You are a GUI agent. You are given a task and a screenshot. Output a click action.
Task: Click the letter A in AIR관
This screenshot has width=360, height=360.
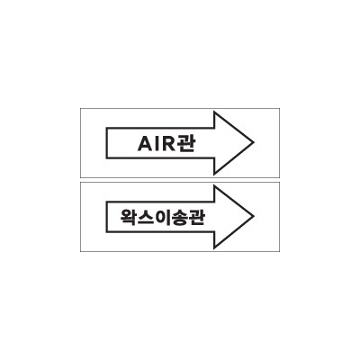click(145, 144)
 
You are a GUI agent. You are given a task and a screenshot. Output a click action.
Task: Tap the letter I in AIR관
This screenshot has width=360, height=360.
click(157, 144)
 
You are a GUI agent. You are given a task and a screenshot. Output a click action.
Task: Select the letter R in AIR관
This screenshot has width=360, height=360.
click(167, 144)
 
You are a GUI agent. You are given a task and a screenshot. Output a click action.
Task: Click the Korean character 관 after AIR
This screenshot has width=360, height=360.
click(185, 144)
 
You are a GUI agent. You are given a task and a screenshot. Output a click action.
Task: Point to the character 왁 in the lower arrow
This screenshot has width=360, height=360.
click(129, 218)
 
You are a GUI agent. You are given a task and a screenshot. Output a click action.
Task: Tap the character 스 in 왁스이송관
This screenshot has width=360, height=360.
click(146, 218)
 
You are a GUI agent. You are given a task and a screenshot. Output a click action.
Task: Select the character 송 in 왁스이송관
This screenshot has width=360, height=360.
click(180, 218)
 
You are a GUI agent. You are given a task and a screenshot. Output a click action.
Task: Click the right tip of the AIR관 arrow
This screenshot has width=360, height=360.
click(254, 142)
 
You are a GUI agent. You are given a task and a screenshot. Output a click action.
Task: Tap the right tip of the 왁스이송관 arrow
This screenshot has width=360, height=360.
click(254, 216)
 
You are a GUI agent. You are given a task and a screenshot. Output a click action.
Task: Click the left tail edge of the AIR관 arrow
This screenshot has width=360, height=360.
click(106, 143)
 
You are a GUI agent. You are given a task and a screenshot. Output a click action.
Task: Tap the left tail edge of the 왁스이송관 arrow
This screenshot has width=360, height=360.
click(106, 217)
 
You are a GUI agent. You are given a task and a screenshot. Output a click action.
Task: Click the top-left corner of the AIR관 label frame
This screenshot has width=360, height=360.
click(80, 108)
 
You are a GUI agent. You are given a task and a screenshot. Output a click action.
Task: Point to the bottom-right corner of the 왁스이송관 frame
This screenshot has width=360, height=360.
click(280, 251)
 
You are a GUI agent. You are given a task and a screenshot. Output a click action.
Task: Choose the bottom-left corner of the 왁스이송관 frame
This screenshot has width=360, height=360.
click(80, 251)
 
